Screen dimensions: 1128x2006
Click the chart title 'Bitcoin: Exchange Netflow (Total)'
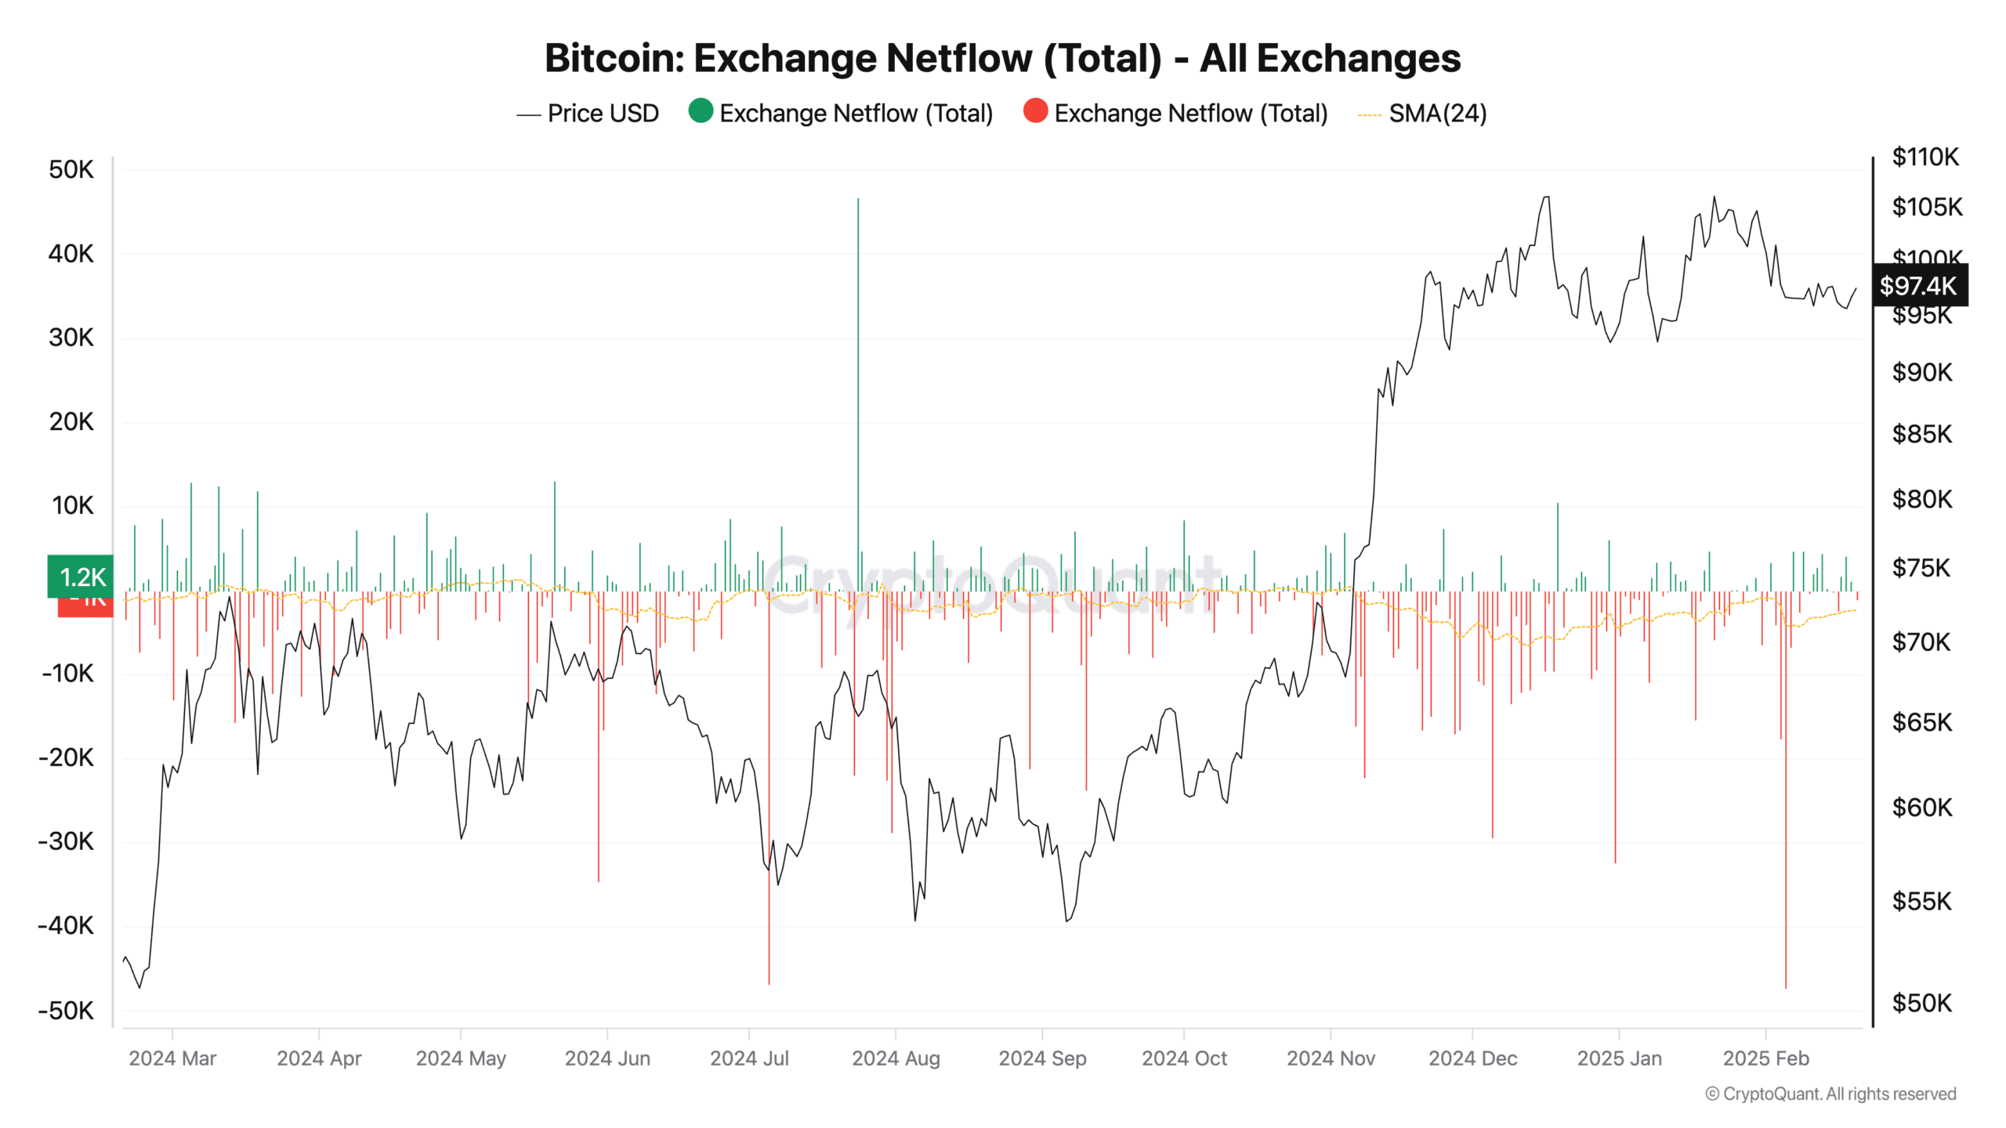click(1002, 58)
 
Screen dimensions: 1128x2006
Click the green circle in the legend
click(700, 111)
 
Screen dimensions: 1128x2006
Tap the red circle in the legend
click(1035, 111)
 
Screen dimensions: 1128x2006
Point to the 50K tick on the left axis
click(71, 170)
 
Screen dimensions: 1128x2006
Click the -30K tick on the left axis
click(67, 841)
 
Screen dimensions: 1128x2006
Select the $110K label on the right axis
click(1925, 157)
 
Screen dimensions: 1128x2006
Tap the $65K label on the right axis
click(1921, 721)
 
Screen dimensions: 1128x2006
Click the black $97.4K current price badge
click(1918, 286)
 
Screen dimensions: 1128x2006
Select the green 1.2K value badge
click(81, 577)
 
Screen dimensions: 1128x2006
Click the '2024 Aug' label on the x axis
click(896, 1058)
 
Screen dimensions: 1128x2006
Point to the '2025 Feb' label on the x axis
click(1765, 1058)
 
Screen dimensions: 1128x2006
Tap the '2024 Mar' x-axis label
click(172, 1058)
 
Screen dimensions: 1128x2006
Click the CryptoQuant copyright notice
click(1830, 1094)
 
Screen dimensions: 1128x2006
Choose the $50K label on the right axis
click(1921, 1003)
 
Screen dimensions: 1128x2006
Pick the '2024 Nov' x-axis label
click(1331, 1058)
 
